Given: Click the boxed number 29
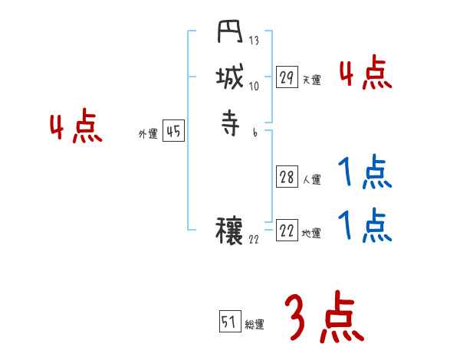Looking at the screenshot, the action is [287, 77].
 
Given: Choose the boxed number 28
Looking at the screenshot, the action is [287, 178].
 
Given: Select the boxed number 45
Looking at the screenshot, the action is [173, 132].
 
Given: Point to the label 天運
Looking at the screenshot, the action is [312, 80].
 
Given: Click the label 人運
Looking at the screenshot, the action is [312, 180].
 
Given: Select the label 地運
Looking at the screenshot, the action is [312, 234].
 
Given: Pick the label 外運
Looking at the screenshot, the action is [148, 134].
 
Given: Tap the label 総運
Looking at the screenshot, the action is [255, 324].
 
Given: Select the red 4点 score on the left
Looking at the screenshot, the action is [76, 128].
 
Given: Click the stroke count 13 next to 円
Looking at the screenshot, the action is [254, 41].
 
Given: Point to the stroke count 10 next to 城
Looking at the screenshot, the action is [254, 86].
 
